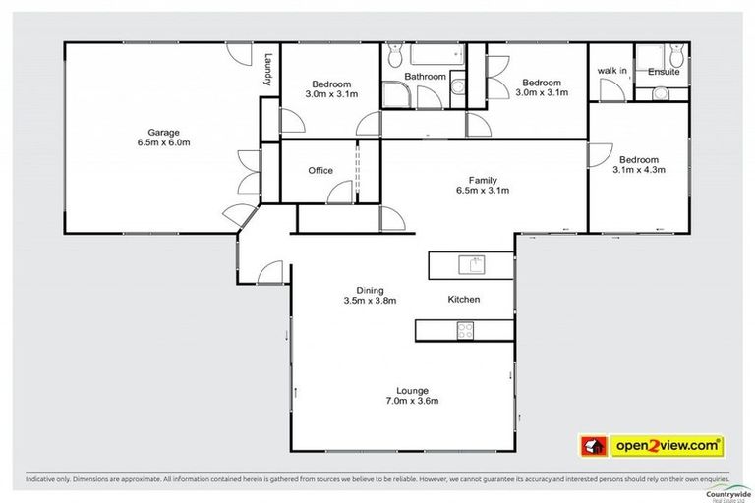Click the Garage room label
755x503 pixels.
coord(161,131)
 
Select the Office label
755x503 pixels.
coord(320,171)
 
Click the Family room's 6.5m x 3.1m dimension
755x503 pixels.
coord(482,191)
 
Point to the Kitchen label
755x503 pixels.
coord(463,299)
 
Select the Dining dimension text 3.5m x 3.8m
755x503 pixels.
coord(369,301)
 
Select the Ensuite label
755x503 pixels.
coord(663,72)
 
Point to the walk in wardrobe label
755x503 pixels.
coord(612,72)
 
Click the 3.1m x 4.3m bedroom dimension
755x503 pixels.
coord(639,170)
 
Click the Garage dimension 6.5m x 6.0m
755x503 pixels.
coord(161,142)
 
